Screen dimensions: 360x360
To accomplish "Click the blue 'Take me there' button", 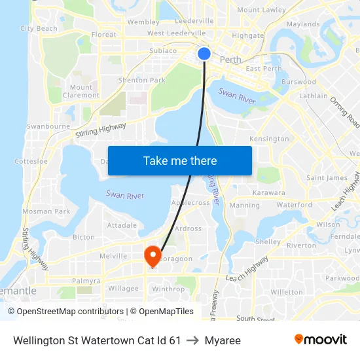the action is [179, 160].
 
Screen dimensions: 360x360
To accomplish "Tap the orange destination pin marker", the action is [153, 254].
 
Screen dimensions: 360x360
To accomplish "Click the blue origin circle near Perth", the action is [204, 54].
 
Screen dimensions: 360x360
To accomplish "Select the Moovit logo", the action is [321, 340].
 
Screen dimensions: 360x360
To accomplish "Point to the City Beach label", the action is [39, 29].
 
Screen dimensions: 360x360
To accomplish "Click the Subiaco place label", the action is [163, 50].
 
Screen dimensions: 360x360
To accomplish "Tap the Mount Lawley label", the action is [261, 10].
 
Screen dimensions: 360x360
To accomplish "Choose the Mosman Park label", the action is [46, 211].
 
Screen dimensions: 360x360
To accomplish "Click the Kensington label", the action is [269, 139].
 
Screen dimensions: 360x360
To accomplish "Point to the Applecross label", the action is [190, 203].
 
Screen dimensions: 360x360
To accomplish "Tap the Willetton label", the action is [286, 292].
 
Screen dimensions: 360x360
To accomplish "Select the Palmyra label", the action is [86, 281].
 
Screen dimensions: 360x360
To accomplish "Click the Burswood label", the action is [298, 82].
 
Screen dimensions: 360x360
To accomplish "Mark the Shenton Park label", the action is [141, 81].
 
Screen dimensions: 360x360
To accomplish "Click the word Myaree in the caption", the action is [223, 340].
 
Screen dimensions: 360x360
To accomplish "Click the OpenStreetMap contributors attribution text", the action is [65, 312].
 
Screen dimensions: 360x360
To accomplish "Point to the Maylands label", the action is [303, 24].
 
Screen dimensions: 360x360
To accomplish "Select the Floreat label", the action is [104, 35].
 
